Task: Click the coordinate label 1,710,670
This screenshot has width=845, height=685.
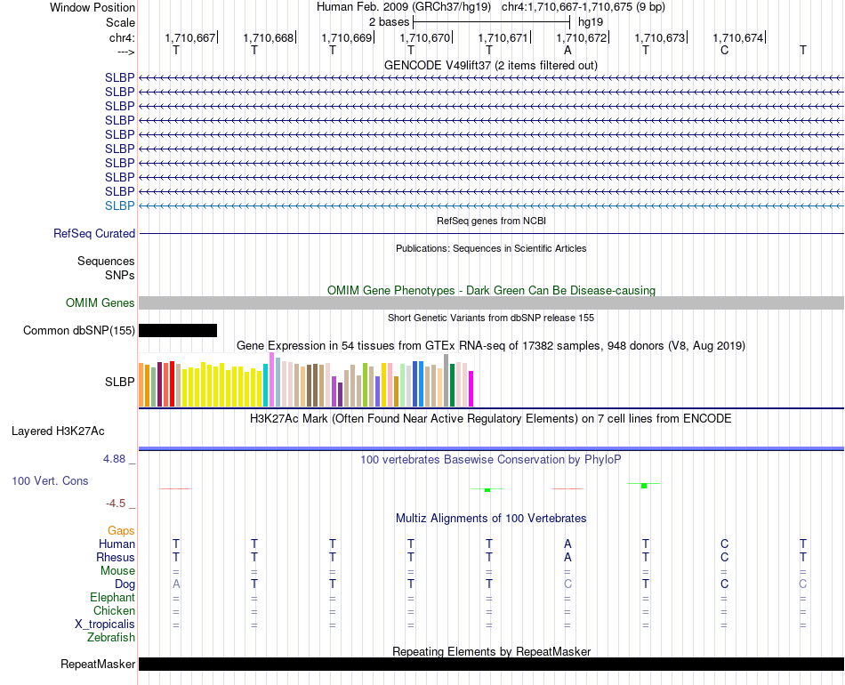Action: [x=424, y=37]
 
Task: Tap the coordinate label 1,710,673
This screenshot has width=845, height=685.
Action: [x=660, y=37]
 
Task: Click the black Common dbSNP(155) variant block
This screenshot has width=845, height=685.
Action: [x=178, y=330]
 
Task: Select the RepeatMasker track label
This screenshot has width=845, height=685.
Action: [x=98, y=664]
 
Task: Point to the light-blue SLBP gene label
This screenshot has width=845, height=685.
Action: [x=120, y=205]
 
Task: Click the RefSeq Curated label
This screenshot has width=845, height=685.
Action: [x=94, y=233]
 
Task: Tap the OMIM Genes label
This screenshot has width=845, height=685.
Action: [x=101, y=302]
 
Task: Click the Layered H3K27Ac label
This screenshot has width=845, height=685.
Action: [x=58, y=431]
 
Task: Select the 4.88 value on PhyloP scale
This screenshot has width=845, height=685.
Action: [x=114, y=459]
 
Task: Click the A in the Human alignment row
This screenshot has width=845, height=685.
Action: [x=567, y=544]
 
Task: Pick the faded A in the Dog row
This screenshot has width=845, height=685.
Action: [x=176, y=584]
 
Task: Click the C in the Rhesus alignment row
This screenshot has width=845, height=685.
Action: [x=724, y=557]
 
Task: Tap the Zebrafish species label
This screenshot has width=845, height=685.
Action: [x=111, y=638]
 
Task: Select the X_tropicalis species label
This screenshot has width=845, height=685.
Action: [x=105, y=625]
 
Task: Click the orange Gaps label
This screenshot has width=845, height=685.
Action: [x=121, y=531]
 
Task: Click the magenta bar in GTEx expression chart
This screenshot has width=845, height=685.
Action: [x=471, y=389]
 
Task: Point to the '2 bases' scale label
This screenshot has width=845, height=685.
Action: [x=389, y=22]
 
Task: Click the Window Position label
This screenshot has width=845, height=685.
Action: [x=93, y=7]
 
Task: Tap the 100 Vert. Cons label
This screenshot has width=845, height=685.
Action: [x=50, y=480]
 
